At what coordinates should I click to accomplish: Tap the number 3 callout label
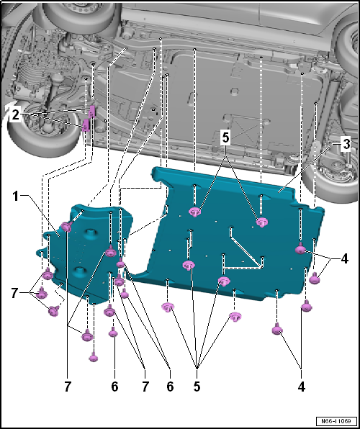346,144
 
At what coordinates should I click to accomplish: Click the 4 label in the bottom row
301,386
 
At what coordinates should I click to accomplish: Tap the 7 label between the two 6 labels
145,386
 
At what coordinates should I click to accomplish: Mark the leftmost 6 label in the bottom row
114,386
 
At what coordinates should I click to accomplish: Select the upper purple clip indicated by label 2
92,110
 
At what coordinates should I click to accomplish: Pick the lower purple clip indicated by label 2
86,126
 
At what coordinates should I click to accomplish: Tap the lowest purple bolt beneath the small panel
94,357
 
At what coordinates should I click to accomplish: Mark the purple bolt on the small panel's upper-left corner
66,227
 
